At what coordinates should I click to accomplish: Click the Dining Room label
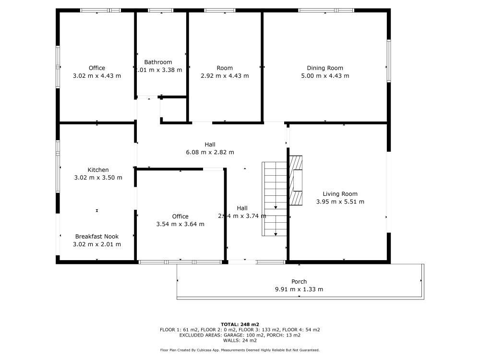click(x=325, y=68)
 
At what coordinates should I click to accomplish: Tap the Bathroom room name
click(x=158, y=62)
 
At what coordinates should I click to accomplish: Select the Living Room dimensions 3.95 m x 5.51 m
click(x=340, y=202)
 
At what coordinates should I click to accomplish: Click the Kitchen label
click(x=98, y=170)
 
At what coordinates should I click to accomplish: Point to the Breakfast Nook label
click(x=96, y=236)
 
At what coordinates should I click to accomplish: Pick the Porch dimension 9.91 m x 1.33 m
click(x=299, y=289)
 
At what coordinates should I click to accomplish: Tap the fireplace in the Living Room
click(x=296, y=180)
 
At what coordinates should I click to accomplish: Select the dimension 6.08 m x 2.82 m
click(x=210, y=152)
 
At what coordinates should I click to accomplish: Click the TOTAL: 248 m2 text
click(x=240, y=324)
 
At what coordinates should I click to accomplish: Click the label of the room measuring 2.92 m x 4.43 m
click(x=225, y=68)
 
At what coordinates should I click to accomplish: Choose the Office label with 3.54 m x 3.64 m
click(x=180, y=216)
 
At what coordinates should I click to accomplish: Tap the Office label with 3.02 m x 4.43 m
click(x=96, y=68)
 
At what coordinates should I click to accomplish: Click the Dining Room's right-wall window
click(x=389, y=61)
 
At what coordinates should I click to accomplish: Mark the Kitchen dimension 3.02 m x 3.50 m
click(x=98, y=178)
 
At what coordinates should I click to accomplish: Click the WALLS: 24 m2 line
click(x=240, y=340)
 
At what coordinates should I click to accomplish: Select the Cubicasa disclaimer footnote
click(x=240, y=350)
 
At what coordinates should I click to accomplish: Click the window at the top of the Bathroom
click(x=160, y=10)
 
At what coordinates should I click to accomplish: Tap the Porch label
click(x=299, y=282)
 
